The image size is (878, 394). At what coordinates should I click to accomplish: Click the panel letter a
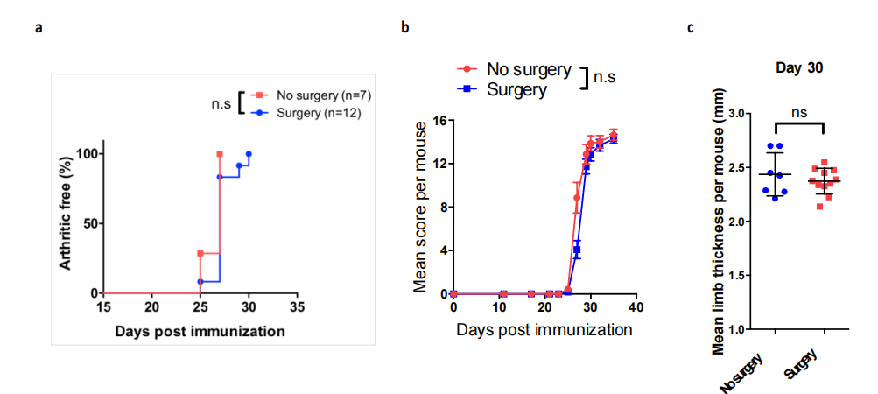[x=38, y=28]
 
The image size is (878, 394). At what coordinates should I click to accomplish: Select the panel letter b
[x=404, y=28]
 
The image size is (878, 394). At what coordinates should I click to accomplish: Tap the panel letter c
[x=691, y=28]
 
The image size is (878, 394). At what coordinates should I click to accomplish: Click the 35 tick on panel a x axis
[x=298, y=307]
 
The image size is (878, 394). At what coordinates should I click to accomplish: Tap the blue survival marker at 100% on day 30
[x=249, y=154]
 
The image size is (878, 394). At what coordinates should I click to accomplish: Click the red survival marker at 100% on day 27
[x=220, y=154]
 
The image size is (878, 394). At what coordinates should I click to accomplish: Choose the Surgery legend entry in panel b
[x=517, y=88]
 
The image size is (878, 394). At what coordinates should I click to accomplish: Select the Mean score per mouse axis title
[x=422, y=205]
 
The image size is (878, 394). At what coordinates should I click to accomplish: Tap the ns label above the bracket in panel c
[x=798, y=112]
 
